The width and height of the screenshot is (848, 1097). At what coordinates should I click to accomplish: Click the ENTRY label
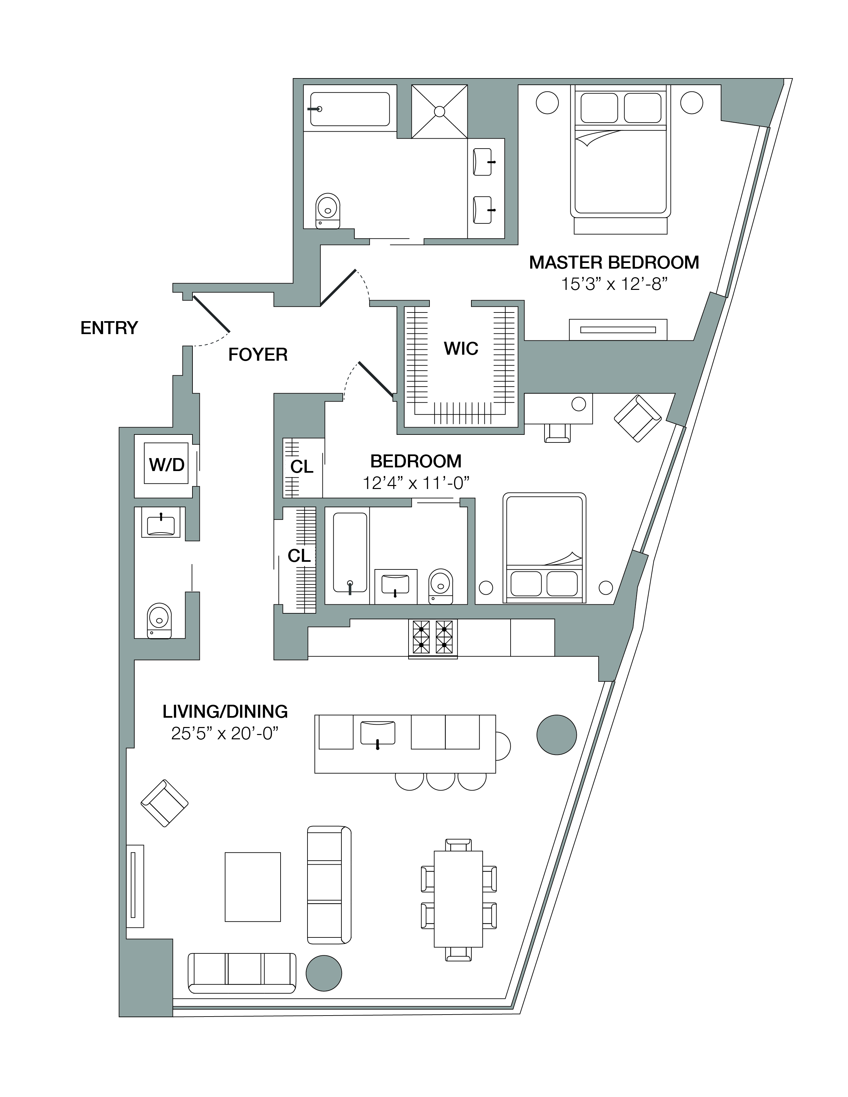click(x=109, y=328)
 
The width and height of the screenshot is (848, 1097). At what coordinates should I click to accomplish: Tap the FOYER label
click(x=258, y=355)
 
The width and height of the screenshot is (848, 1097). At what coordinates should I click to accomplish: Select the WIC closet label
click(x=461, y=349)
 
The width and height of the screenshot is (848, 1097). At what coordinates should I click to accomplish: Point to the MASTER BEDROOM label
click(x=614, y=262)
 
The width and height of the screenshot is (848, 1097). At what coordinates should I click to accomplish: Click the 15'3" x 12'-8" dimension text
click(x=614, y=284)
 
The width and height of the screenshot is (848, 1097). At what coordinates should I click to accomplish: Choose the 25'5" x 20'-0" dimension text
click(x=225, y=734)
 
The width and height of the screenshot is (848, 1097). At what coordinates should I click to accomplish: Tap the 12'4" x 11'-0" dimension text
click(x=416, y=483)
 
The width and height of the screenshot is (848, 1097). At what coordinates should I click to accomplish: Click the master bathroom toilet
click(x=327, y=211)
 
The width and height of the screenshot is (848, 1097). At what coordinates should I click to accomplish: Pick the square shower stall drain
click(x=439, y=111)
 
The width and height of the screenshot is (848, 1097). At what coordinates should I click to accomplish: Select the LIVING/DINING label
click(x=225, y=712)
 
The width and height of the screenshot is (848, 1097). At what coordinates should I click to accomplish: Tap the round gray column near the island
click(x=556, y=734)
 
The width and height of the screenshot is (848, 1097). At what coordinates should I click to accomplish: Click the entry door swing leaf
click(x=211, y=314)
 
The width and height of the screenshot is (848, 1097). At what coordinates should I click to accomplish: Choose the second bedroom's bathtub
click(x=350, y=552)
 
